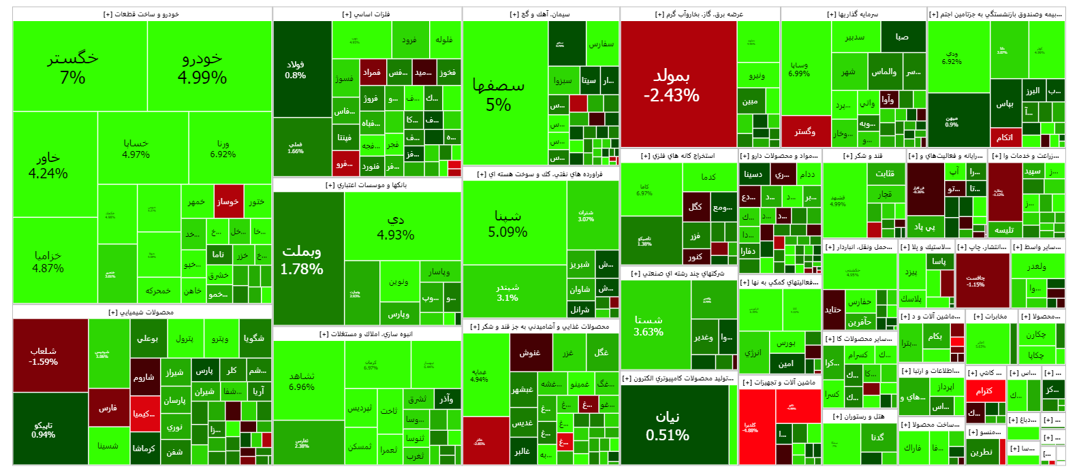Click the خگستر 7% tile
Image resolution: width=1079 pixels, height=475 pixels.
pos(73,67)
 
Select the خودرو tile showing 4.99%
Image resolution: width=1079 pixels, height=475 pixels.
pos(202,67)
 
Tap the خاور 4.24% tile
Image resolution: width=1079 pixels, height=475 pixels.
pos(48,165)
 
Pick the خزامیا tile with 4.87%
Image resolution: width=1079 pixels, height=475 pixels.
pos(48,261)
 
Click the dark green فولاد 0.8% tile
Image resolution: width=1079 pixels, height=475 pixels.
pos(296,69)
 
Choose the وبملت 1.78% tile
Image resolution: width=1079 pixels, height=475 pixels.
pos(302,260)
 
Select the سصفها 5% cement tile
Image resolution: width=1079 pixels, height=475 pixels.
pos(499,95)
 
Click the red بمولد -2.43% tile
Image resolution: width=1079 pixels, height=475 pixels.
pos(672,85)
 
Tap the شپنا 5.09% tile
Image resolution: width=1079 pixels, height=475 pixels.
pos(507,223)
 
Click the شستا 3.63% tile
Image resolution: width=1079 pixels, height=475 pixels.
pos(648,325)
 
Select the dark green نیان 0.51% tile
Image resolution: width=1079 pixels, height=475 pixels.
pos(668,425)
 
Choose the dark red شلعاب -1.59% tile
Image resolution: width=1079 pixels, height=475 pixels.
pos(44,356)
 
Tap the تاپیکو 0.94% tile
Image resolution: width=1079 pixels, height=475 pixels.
pos(44,429)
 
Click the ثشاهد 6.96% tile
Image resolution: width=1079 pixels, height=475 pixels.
pos(302,381)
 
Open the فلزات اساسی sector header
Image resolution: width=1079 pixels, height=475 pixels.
pos(366,14)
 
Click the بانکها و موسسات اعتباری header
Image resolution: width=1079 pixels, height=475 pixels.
pos(366,185)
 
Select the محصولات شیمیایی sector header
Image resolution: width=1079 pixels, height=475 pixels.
pos(141,312)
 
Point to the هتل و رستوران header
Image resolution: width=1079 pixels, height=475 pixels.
pos(860,416)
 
